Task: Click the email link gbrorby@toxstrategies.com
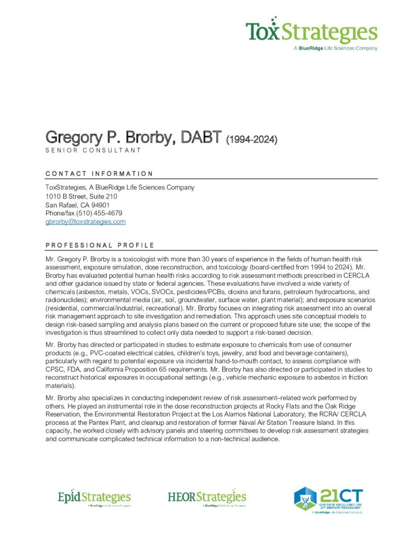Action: (x=86, y=222)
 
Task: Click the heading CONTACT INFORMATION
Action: (x=99, y=174)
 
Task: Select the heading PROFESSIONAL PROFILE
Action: (x=100, y=245)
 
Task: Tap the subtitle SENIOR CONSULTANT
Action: (x=93, y=150)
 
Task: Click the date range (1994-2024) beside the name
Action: (x=251, y=139)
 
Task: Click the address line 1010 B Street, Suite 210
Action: (x=81, y=196)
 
